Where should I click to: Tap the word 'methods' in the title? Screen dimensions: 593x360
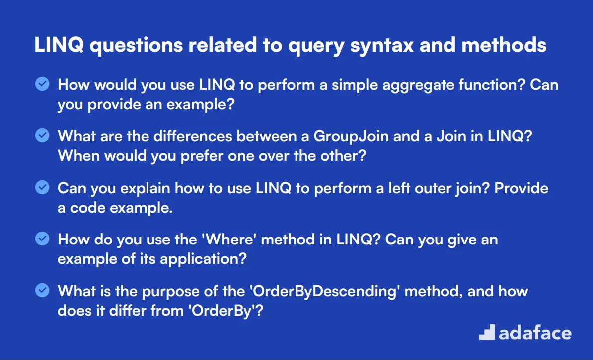click(x=504, y=45)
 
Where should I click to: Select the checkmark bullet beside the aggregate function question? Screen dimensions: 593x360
click(x=42, y=84)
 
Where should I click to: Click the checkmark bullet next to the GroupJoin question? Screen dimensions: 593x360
click(x=42, y=135)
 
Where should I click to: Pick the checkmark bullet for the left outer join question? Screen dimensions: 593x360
click(x=42, y=187)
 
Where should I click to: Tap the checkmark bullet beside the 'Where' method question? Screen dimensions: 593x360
click(x=42, y=239)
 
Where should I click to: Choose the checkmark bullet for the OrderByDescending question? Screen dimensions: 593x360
click(x=42, y=290)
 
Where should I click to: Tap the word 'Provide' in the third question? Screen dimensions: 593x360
click(x=521, y=188)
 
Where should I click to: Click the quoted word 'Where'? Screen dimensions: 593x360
click(x=229, y=240)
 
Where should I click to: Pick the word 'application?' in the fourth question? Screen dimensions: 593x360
click(x=203, y=259)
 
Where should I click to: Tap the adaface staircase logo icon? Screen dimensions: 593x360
click(x=487, y=332)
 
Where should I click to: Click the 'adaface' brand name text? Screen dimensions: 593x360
click(x=535, y=333)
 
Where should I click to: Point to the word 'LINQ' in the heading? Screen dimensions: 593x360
click(x=59, y=45)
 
